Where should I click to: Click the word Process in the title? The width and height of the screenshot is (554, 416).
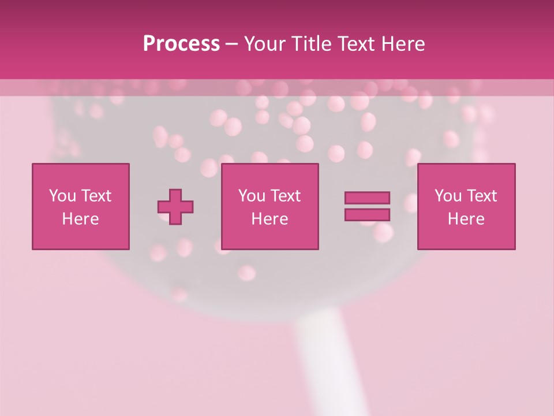(181, 44)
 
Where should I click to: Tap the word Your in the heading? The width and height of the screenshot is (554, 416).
(265, 44)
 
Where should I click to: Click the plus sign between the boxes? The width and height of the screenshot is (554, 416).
(175, 206)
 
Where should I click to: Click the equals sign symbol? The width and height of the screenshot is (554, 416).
(367, 206)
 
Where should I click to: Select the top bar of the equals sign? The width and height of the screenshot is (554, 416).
(367, 198)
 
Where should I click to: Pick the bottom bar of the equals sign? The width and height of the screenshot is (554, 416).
(367, 215)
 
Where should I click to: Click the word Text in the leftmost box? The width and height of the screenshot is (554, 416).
(96, 196)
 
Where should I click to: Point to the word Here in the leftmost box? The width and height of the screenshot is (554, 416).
(80, 219)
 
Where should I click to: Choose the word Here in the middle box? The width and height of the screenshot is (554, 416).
(269, 219)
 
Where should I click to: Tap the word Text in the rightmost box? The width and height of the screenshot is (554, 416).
(481, 196)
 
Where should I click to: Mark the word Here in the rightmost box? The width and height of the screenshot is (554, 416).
(466, 219)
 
